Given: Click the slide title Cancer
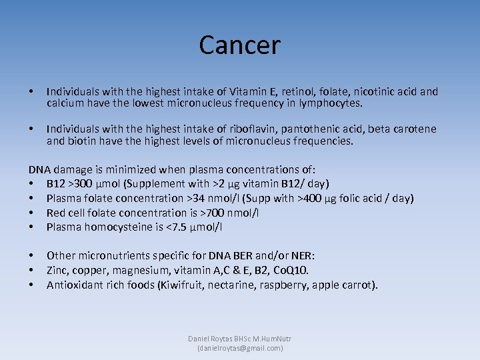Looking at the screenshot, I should (x=239, y=45).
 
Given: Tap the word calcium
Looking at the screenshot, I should (x=65, y=103).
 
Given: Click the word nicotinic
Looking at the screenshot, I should (x=366, y=92).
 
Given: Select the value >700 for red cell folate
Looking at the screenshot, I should (x=208, y=213).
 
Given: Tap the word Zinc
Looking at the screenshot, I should (x=59, y=270).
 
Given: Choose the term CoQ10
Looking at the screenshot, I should (x=291, y=270).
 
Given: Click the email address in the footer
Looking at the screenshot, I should (x=240, y=348).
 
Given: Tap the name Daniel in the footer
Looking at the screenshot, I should (x=201, y=339).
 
